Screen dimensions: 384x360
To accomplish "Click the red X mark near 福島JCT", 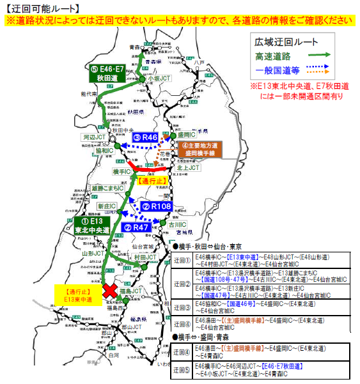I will [111, 290].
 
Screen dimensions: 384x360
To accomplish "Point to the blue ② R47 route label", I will [137, 227].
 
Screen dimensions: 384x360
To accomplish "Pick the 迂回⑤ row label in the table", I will [182, 369].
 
